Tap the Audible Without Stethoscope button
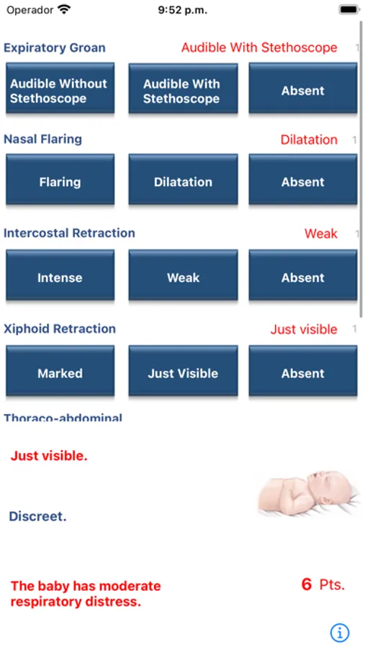pos(60,88)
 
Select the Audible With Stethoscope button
pos(183,88)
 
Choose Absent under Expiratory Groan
pos(303,88)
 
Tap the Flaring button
pos(60,180)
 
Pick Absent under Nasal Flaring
pos(303,180)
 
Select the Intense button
pos(60,275)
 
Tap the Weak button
pos(183,275)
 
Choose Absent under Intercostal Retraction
pos(303,275)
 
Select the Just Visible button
pos(183,371)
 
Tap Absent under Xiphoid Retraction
pos(303,371)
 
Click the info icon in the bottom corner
pos(340,632)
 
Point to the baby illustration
pos(308,493)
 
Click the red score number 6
pos(306,584)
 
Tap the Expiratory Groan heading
pos(55,48)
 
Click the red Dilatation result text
pos(309,140)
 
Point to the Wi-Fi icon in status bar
pos(65,9)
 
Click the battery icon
pos(349,9)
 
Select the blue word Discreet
pos(37,516)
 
